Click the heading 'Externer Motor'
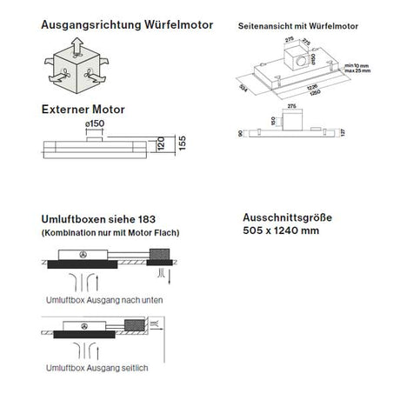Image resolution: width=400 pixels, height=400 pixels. [x=83, y=111]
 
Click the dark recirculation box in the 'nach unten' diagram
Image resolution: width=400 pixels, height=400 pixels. [x=162, y=254]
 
